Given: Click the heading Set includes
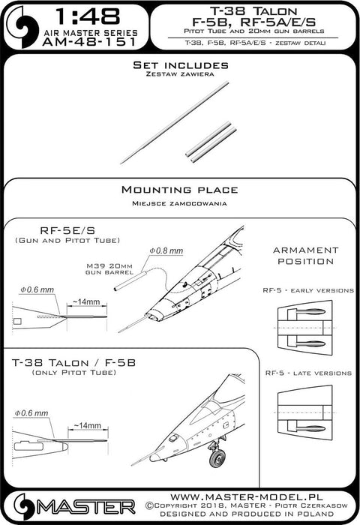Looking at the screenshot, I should click(179, 67).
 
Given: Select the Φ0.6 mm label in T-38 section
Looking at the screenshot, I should click(34, 412).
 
